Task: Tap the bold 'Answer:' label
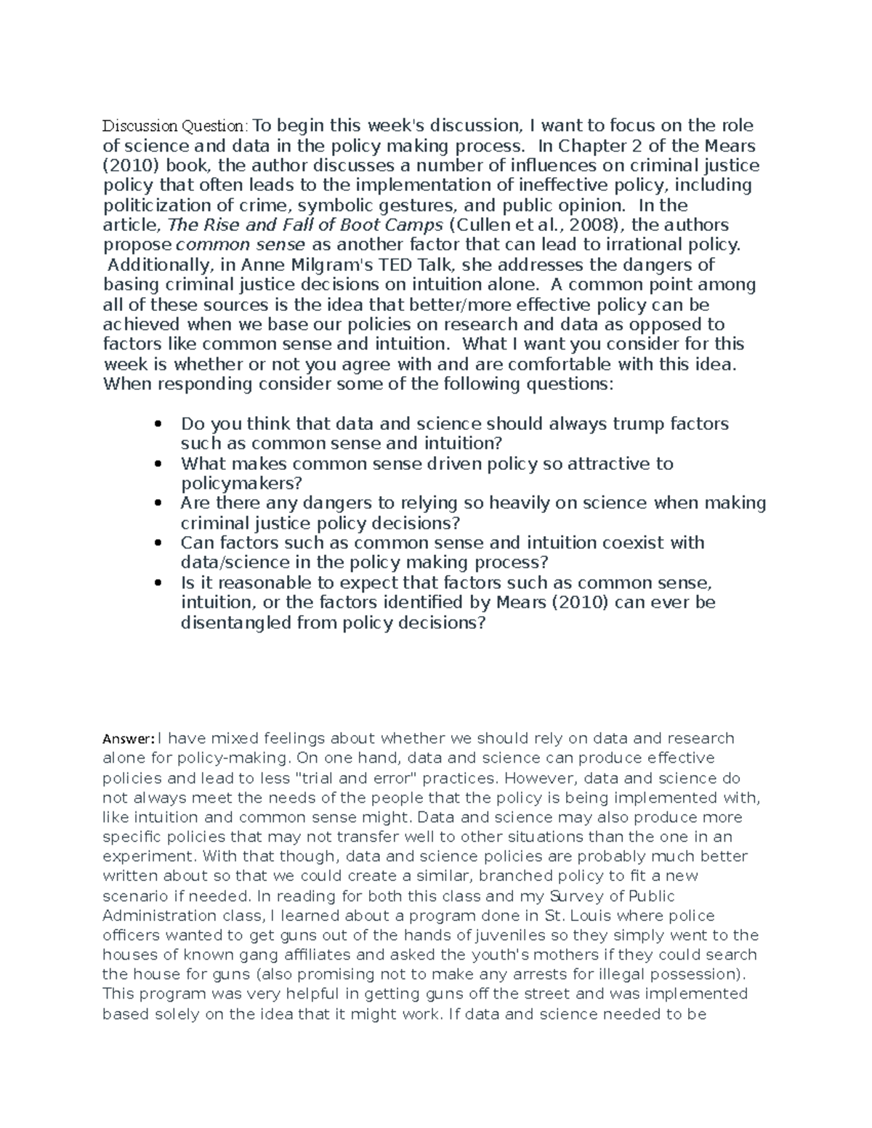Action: click(x=128, y=739)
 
